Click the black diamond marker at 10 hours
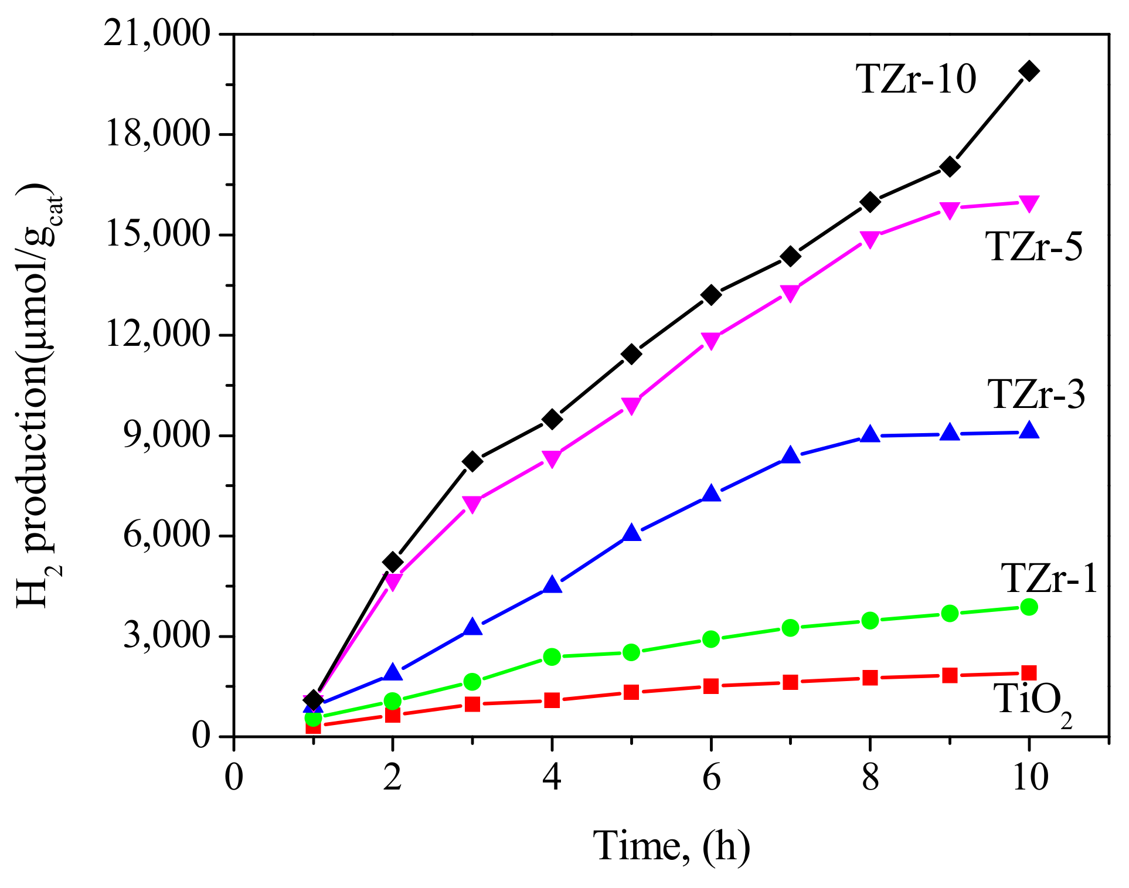pos(1029,71)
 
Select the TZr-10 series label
pos(916,79)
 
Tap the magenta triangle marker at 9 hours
pos(950,210)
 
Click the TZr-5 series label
pos(1034,246)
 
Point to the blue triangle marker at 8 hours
pos(870,434)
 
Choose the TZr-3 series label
pos(1036,394)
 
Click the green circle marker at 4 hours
pos(552,656)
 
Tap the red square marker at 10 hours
pos(1029,672)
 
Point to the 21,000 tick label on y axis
pos(157,34)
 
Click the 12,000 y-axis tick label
pos(157,335)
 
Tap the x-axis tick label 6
pos(711,778)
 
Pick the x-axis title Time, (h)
pos(671,846)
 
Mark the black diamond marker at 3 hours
pos(472,462)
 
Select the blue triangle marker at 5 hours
pos(631,533)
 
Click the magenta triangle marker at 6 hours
pos(710,341)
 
